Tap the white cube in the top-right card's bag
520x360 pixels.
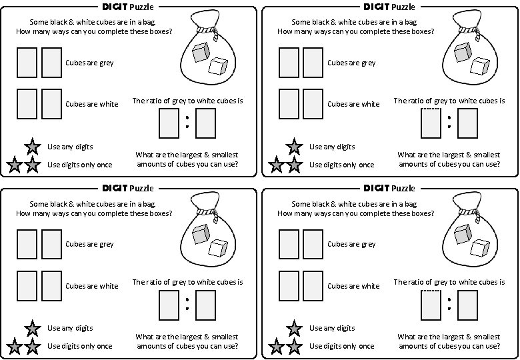click(x=479, y=67)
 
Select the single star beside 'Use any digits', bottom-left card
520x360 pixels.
click(x=31, y=329)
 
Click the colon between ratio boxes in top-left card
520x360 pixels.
click(x=187, y=121)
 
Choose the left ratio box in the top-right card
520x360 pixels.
click(x=431, y=122)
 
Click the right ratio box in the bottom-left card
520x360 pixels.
click(x=206, y=304)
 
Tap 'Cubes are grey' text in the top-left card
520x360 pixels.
click(x=89, y=63)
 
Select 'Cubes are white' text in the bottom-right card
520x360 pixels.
click(x=351, y=286)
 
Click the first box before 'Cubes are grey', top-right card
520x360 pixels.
click(x=289, y=62)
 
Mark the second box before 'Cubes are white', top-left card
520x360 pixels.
click(x=51, y=103)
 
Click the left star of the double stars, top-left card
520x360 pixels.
click(x=15, y=165)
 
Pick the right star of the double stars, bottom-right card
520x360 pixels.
click(x=293, y=347)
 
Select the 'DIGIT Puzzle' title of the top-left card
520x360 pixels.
click(x=127, y=7)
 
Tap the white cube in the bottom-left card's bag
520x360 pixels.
click(x=217, y=248)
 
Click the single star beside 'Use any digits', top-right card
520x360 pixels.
click(x=293, y=147)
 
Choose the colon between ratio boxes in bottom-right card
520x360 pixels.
click(x=449, y=304)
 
